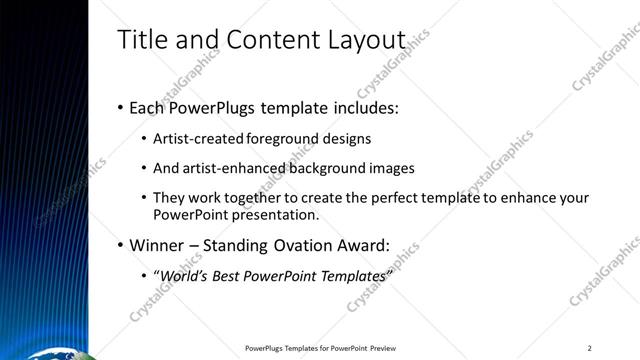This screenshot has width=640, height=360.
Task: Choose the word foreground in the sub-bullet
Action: pos(274,139)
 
